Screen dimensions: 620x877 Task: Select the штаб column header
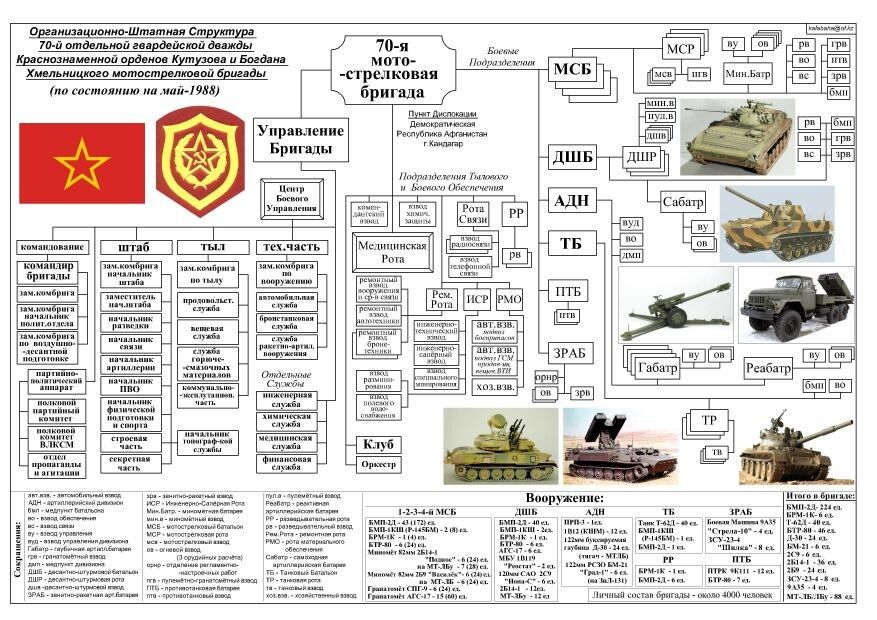point(133,246)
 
